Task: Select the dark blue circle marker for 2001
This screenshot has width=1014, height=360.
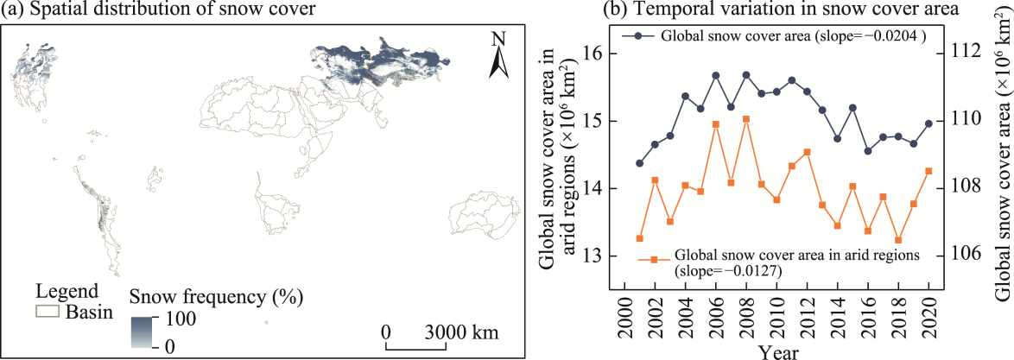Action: coord(640,163)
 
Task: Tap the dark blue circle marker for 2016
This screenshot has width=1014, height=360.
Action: coord(868,151)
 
